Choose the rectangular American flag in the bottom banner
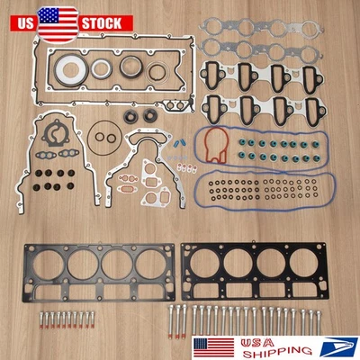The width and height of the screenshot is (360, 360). (220, 342)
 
